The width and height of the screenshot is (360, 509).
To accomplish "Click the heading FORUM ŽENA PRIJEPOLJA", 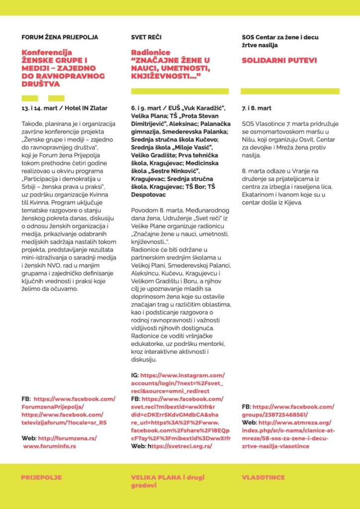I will (x=60, y=37).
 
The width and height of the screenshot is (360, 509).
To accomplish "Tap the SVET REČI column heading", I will (x=146, y=37).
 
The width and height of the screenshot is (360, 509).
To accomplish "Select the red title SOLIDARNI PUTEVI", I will (x=279, y=61).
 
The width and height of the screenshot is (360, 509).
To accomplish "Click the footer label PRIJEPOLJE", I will (x=41, y=477).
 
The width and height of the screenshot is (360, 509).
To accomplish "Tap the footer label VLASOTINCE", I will (x=264, y=477).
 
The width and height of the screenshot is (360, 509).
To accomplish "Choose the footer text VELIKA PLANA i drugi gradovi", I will (x=167, y=481).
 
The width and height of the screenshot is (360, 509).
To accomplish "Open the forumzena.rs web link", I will (x=67, y=438).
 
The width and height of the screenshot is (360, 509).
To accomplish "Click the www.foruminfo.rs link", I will (x=49, y=446).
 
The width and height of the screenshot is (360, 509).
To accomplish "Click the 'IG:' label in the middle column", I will (x=135, y=375).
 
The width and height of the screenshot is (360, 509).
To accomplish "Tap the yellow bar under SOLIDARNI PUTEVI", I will (x=290, y=91).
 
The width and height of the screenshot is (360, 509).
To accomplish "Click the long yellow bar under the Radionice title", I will (x=180, y=91).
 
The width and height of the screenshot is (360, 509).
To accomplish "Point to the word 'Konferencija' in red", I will (x=47, y=52).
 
